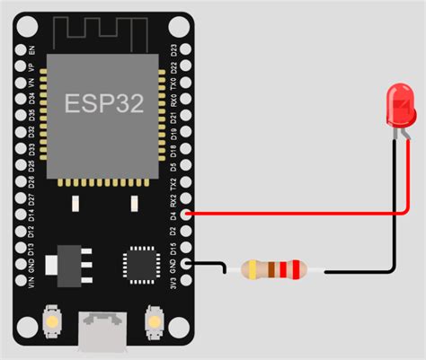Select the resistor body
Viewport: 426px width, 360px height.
pos(275,268)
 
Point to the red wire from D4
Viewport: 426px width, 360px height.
pos(297,215)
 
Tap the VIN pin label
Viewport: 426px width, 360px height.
pos(33,283)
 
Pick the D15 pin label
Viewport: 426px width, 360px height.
pos(173,249)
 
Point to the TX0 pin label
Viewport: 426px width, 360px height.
pos(173,86)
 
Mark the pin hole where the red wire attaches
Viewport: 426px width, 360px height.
pos(186,215)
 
